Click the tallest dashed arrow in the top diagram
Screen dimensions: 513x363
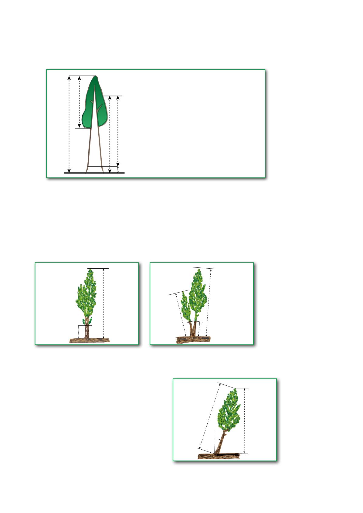(x=70, y=124)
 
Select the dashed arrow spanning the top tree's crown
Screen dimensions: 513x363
(x=80, y=102)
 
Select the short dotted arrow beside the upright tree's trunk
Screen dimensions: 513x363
(x=79, y=332)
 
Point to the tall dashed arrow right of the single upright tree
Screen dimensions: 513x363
(x=104, y=303)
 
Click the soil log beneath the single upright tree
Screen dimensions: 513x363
(x=89, y=340)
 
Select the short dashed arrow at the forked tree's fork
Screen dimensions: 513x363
(x=199, y=329)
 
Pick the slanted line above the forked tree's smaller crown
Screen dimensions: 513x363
(x=178, y=293)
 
